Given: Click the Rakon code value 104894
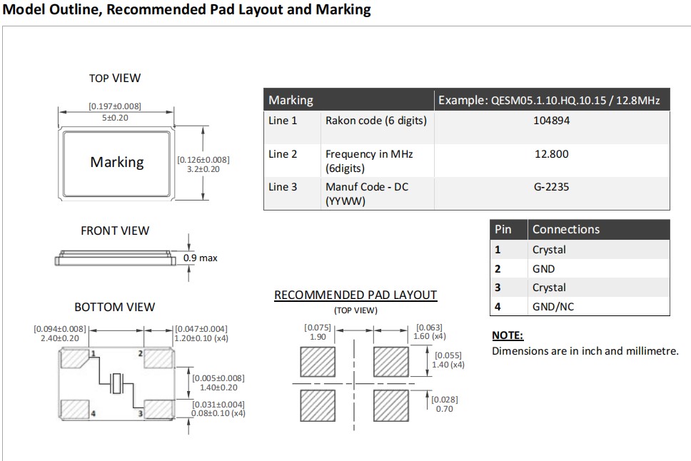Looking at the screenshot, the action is (551, 121).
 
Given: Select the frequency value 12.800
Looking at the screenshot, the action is (551, 154).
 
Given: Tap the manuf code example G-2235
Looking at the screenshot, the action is (551, 187).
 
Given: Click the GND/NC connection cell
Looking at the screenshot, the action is (553, 307).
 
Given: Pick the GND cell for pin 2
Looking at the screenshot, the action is (543, 269).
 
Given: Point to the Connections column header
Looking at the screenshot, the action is (566, 229).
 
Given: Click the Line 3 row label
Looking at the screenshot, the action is (283, 187).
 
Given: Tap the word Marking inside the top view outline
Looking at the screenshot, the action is (117, 162).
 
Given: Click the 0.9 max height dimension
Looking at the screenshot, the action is (200, 258).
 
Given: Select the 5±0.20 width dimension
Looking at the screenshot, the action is (115, 118).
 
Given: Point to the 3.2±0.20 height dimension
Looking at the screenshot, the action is (203, 169).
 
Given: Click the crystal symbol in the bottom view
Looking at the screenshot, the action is (116, 383).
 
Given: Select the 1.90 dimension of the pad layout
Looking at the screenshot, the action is (318, 337).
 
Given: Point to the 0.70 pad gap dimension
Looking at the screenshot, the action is (444, 409).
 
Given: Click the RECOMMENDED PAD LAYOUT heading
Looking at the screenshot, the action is (355, 295).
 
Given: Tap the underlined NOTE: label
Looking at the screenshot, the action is (508, 335).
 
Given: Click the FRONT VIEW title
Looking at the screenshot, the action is (115, 230).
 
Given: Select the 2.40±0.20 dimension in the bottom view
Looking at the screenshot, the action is (60, 338).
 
